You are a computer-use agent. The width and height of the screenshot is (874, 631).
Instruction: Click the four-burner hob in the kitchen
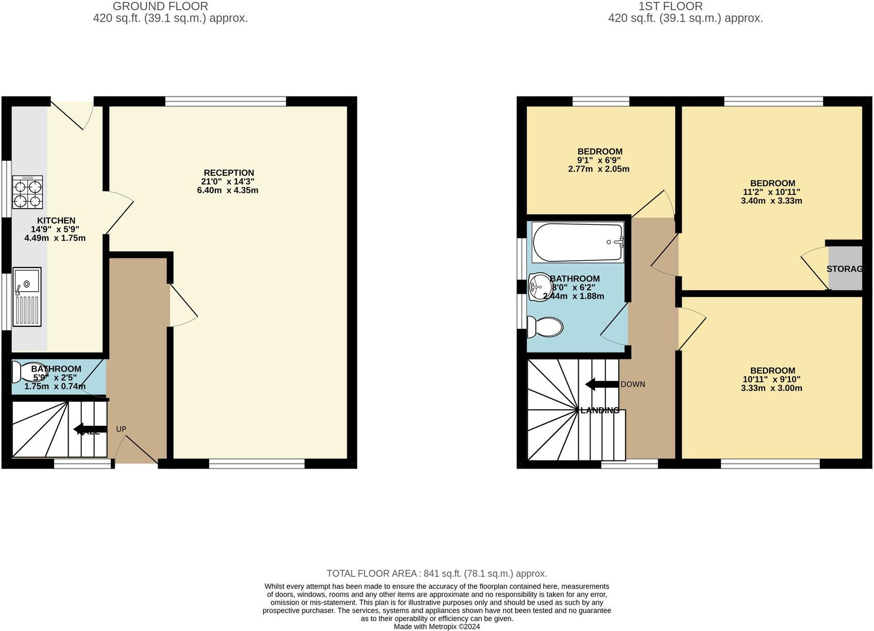coord(27,192)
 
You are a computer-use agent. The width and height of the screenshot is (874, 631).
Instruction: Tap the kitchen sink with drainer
coord(27,297)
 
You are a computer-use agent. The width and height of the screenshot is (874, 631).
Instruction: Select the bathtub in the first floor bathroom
coord(578,242)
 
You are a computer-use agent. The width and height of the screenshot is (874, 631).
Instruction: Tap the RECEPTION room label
coord(229,173)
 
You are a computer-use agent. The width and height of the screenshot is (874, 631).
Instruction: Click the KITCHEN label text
coord(56,221)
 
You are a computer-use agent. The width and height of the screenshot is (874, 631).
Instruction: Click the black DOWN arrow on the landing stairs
coord(601,384)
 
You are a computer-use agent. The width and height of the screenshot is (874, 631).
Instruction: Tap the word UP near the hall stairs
coord(121,429)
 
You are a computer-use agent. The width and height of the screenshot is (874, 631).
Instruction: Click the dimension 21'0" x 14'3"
coord(228,181)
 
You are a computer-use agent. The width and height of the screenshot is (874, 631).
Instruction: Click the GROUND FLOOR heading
coord(160,7)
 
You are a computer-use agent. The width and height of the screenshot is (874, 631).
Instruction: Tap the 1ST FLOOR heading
coord(670,7)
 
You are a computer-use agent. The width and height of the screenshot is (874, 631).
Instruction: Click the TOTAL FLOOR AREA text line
coord(436,573)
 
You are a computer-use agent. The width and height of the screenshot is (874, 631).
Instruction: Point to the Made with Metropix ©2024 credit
coord(436,626)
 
